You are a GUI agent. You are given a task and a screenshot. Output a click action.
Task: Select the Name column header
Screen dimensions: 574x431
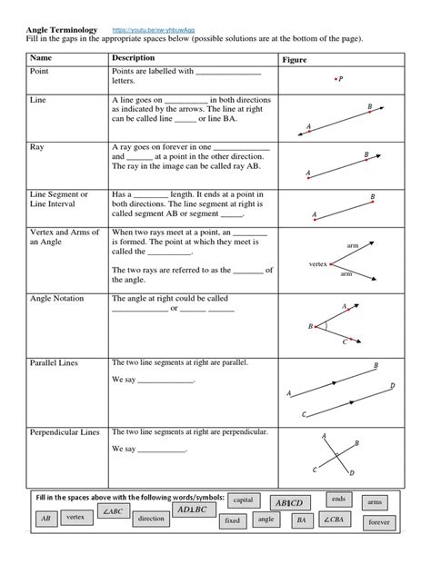(x=42, y=58)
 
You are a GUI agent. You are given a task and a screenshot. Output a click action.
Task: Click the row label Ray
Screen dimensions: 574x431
(x=37, y=146)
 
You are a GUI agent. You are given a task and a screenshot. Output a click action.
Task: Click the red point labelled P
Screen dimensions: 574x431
(x=333, y=79)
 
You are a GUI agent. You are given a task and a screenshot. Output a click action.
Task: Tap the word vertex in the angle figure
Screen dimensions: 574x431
(x=317, y=263)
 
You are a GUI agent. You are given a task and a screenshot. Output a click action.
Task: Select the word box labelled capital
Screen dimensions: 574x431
(x=243, y=500)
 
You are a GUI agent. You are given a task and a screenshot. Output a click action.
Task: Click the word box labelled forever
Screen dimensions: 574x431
(x=378, y=523)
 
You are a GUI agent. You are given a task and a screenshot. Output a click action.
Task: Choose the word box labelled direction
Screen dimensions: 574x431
(x=151, y=520)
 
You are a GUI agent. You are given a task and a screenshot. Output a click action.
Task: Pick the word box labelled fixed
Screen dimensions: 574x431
(x=233, y=521)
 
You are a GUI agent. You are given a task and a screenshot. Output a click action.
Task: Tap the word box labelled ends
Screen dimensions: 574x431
(x=339, y=499)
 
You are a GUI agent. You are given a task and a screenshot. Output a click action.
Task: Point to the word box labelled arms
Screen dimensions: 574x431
(x=375, y=502)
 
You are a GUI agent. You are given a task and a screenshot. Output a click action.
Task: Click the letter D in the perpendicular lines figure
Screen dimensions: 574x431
(x=351, y=473)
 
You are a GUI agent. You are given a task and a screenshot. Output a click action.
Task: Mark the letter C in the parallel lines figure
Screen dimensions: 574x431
(x=304, y=414)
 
